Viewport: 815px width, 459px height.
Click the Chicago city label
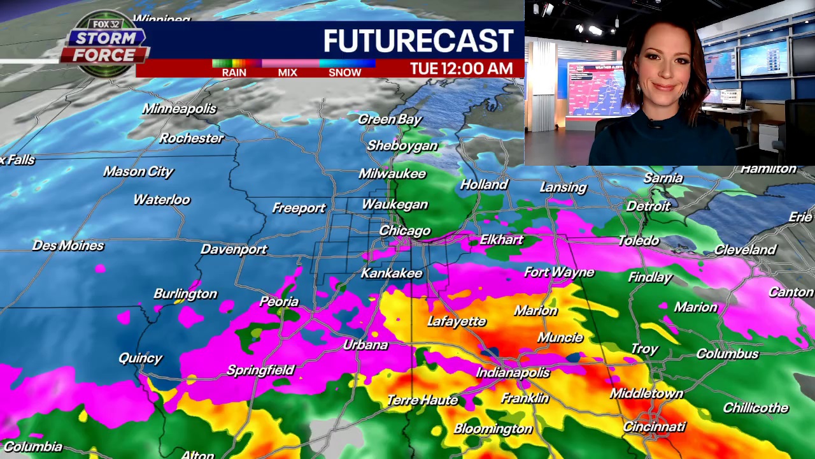click(x=405, y=231)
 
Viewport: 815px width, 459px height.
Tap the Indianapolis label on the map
click(x=513, y=372)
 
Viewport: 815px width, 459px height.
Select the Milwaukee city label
click(x=392, y=173)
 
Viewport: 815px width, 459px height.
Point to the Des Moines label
click(x=68, y=245)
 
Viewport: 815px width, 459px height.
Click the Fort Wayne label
click(x=559, y=272)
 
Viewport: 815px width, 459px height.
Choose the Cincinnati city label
click(x=655, y=426)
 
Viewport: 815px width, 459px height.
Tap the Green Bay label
click(x=390, y=119)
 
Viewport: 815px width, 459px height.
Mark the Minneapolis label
click(x=180, y=109)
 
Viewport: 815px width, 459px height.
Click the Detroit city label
click(x=648, y=206)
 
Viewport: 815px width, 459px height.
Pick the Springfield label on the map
click(x=261, y=370)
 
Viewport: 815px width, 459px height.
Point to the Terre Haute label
click(x=423, y=400)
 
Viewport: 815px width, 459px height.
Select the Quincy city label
click(x=141, y=358)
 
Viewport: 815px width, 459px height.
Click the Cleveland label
click(x=745, y=250)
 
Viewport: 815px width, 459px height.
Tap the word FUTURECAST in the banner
click(x=418, y=41)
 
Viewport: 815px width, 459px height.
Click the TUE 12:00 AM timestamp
click(x=461, y=69)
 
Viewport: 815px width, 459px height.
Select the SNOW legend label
click(x=344, y=73)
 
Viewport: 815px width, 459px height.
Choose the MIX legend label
click(x=287, y=73)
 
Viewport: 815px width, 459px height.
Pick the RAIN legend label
click(x=234, y=73)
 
